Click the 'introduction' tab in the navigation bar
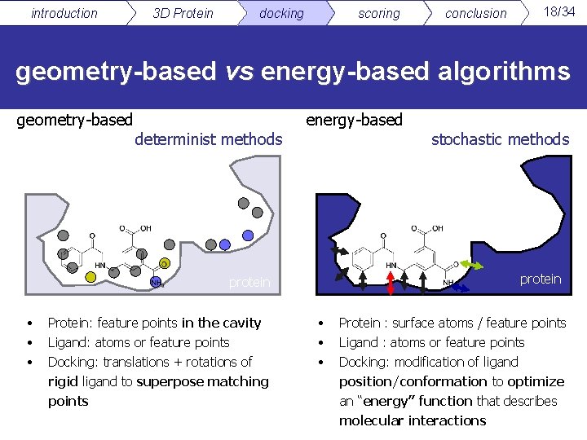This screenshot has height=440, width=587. (64, 13)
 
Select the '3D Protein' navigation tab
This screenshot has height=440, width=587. (183, 13)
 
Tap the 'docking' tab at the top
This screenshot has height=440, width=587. (281, 13)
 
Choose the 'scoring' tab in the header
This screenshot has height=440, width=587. (379, 13)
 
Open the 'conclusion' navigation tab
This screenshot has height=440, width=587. (475, 13)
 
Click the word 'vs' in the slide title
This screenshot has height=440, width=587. (240, 72)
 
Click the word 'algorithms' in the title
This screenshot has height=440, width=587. (503, 72)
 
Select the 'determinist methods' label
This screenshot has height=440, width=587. (209, 139)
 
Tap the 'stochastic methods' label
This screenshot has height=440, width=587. (500, 139)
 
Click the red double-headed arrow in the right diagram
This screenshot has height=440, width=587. (391, 281)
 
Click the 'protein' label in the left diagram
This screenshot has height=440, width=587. (249, 282)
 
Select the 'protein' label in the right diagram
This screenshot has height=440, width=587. (541, 279)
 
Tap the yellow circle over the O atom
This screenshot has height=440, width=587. (164, 263)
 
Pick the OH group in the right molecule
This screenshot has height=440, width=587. (436, 229)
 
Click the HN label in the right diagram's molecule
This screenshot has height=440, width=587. (392, 266)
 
